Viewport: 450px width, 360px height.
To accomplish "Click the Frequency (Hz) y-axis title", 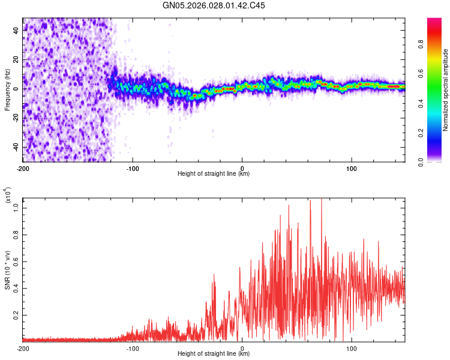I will [x=7, y=89].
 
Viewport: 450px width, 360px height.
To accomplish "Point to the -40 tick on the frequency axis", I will [x=16, y=148].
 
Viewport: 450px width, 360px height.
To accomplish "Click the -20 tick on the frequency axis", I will [x=16, y=118].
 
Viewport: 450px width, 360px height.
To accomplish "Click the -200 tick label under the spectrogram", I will [x=23, y=168].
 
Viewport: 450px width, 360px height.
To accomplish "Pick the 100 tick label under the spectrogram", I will [x=351, y=168].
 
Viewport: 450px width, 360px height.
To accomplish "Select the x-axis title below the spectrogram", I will [x=214, y=174].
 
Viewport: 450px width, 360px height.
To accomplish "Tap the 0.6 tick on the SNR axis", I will [x=16, y=261].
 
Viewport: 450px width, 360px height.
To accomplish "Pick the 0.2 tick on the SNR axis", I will [x=16, y=314].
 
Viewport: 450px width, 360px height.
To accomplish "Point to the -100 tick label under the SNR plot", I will [x=133, y=348].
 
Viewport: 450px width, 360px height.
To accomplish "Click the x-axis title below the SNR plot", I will [x=214, y=354].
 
